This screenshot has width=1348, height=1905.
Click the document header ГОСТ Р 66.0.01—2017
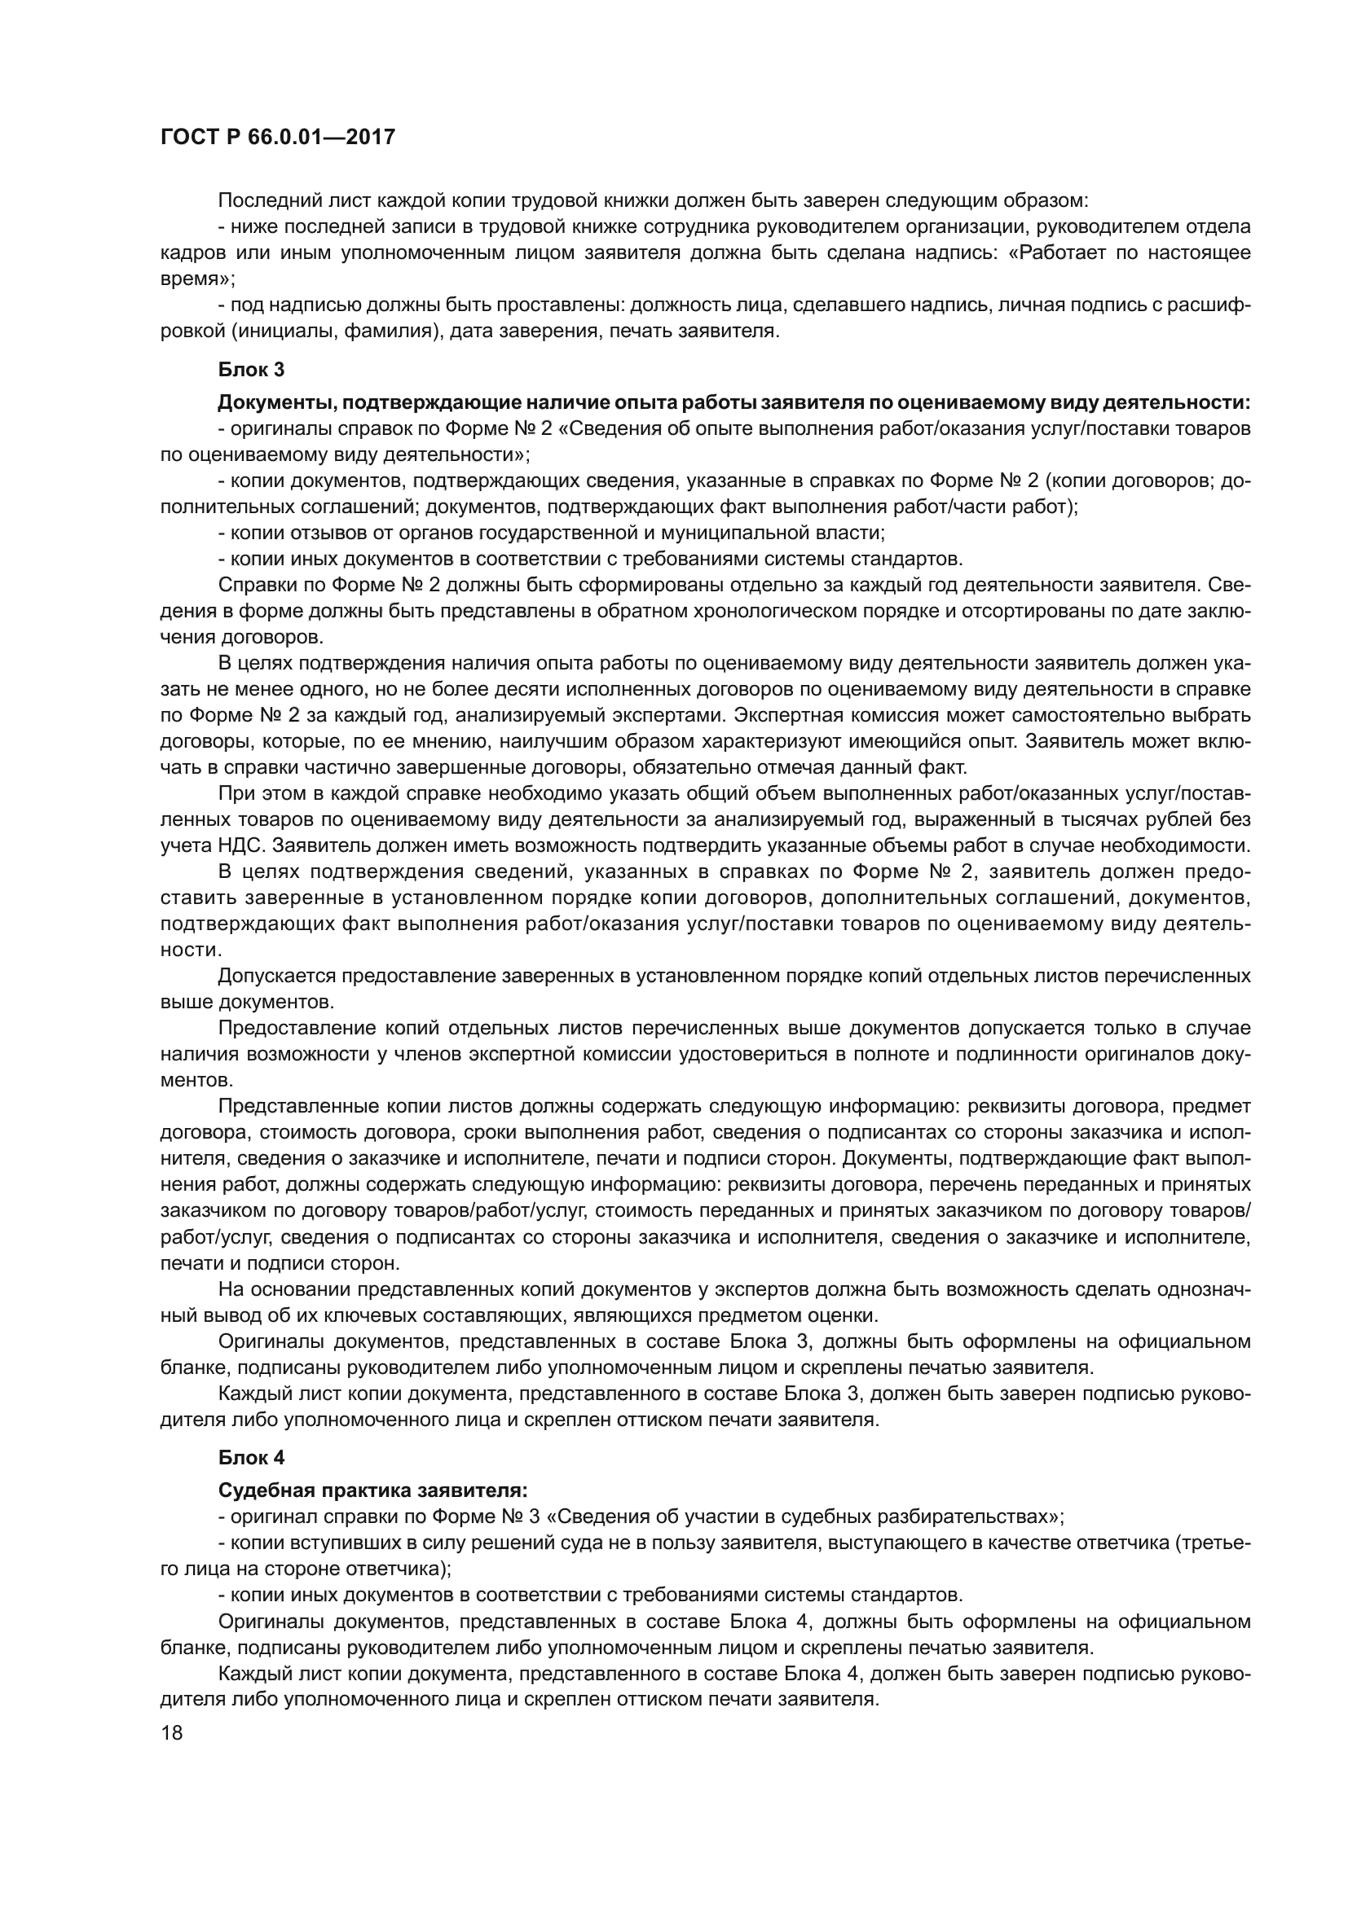[277, 137]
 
